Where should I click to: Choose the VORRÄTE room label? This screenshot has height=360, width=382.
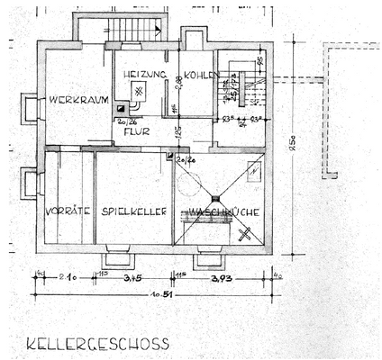tap(68, 211)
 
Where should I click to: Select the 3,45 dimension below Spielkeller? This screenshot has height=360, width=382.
tap(132, 277)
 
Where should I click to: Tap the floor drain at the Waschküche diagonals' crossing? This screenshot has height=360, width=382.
tap(217, 197)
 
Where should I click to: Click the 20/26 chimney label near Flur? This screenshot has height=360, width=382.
tap(126, 120)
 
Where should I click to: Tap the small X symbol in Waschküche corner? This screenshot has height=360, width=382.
tap(245, 236)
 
